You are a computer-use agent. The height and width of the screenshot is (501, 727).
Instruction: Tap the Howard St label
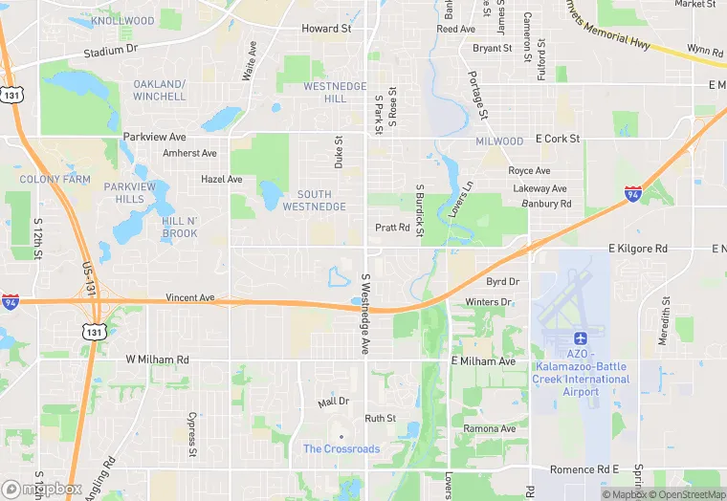coord(327,29)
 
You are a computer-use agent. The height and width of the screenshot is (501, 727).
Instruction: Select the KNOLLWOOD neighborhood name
coord(122,20)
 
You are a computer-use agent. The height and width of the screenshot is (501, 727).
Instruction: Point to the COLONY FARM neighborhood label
coord(55,179)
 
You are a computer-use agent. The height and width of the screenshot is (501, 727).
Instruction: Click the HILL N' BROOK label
coord(180,228)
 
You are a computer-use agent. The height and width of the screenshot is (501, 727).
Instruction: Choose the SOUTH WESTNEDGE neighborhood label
coord(321,201)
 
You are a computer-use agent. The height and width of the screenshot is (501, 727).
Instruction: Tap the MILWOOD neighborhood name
coord(499,142)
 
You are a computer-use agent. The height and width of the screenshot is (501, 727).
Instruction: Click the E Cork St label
coord(558,139)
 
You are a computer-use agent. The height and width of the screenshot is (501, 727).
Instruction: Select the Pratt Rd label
coord(392,228)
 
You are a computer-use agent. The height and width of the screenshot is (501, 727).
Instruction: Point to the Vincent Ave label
coord(189,298)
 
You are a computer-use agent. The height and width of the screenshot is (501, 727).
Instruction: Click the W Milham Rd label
coord(158,359)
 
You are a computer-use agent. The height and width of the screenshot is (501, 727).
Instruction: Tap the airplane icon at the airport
coord(580,339)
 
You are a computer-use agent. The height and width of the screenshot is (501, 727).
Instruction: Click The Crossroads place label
coord(341,448)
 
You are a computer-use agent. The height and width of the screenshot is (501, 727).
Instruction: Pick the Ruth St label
coord(380,418)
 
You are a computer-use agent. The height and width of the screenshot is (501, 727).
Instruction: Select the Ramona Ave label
coord(489,429)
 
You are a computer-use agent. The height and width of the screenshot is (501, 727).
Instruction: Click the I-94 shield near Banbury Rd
coord(632,194)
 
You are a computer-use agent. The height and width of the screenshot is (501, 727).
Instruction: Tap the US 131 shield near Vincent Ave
coord(93,331)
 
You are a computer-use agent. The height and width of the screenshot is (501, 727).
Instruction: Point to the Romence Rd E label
coord(584,469)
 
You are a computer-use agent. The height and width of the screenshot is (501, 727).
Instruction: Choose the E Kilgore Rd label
coord(638,249)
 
